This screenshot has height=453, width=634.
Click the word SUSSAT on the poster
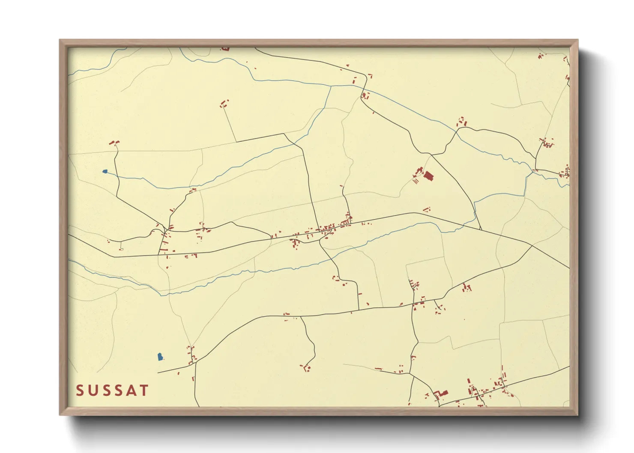pyautogui.click(x=112, y=390)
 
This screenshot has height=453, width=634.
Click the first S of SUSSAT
pyautogui.click(x=80, y=390)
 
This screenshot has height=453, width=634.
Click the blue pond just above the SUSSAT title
pyautogui.click(x=160, y=357)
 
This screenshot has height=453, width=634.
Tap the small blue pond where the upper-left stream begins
pyautogui.click(x=105, y=171)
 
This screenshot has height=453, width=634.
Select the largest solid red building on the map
pyautogui.click(x=428, y=176)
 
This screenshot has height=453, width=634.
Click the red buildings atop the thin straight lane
pyautogui.click(x=224, y=103)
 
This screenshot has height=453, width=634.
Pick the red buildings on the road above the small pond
pyautogui.click(x=114, y=143)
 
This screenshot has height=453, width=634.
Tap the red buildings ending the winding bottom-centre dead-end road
pyautogui.click(x=306, y=367)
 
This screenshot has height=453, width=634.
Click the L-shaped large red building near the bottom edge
pyautogui.click(x=442, y=393)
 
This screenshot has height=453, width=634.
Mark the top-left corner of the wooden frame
pyautogui.click(x=60, y=40)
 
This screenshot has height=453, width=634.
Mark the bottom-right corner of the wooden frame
pyautogui.click(x=577, y=414)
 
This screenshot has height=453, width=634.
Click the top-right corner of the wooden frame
pyautogui.click(x=577, y=40)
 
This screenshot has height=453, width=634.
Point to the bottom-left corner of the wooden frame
pyautogui.click(x=60, y=414)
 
